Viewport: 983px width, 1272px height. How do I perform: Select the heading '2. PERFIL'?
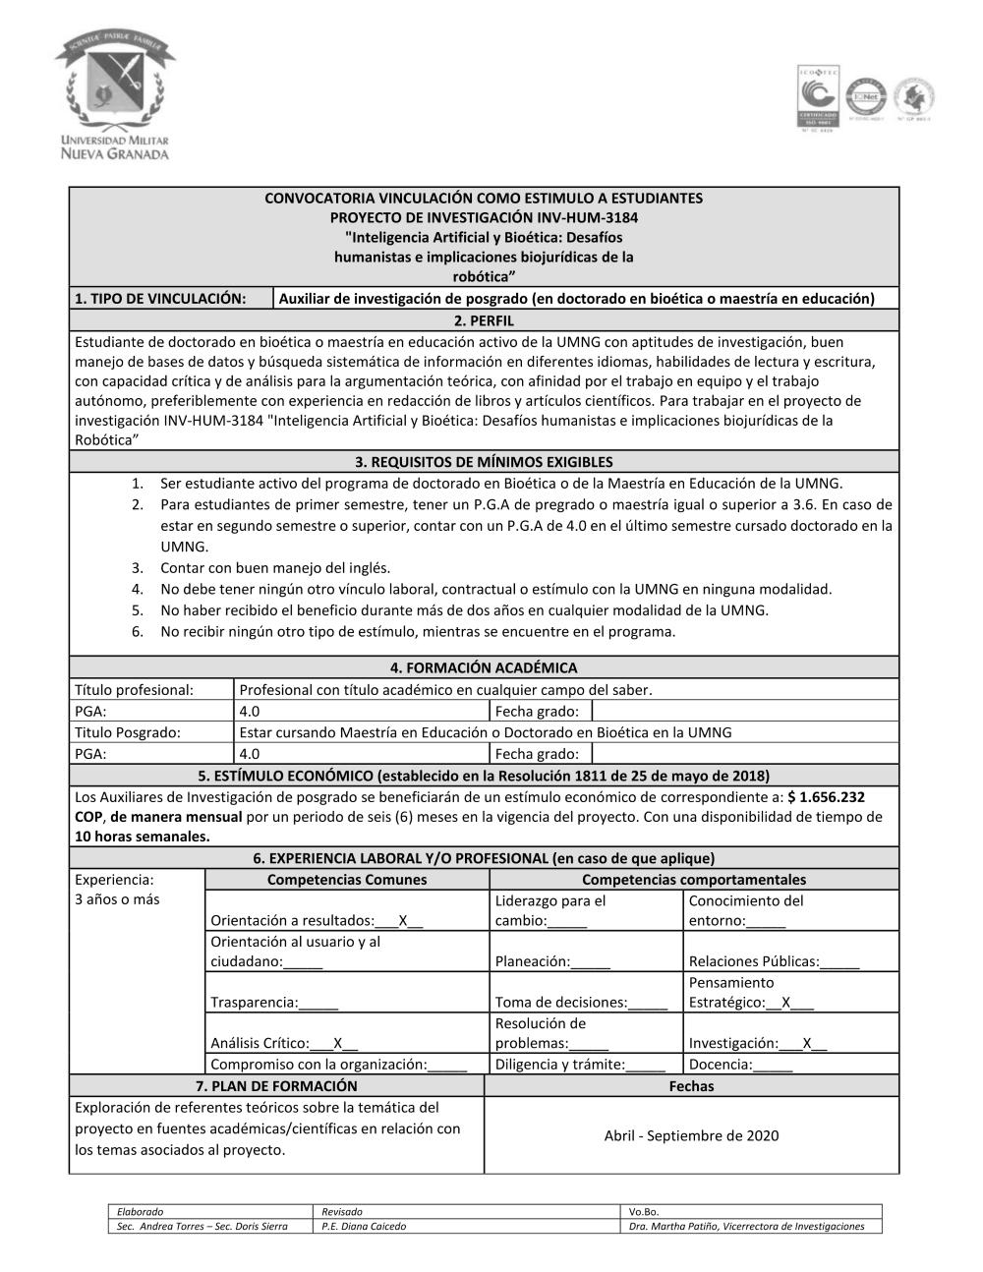coord(484,320)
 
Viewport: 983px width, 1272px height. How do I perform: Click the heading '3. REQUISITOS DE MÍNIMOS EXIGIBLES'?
coord(484,462)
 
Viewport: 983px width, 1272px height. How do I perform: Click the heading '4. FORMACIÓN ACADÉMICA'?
coord(484,668)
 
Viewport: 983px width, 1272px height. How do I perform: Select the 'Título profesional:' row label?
coord(134,690)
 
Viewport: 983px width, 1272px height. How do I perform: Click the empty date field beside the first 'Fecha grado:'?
coord(745,712)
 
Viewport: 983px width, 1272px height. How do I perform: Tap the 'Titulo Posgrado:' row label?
coord(128,732)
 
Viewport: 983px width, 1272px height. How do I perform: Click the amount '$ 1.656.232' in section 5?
coord(826,797)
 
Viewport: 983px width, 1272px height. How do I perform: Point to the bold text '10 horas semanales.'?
coord(143,837)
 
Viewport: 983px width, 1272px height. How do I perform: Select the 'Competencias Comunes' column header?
coord(347,880)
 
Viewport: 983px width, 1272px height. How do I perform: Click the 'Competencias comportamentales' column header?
coord(693,880)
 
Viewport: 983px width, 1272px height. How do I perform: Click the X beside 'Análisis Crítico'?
coord(338,1043)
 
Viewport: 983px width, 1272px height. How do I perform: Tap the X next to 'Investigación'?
coord(807,1043)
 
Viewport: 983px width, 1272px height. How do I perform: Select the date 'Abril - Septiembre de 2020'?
coord(691,1136)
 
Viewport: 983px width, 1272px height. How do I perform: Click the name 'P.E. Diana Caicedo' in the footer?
coord(364,1226)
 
